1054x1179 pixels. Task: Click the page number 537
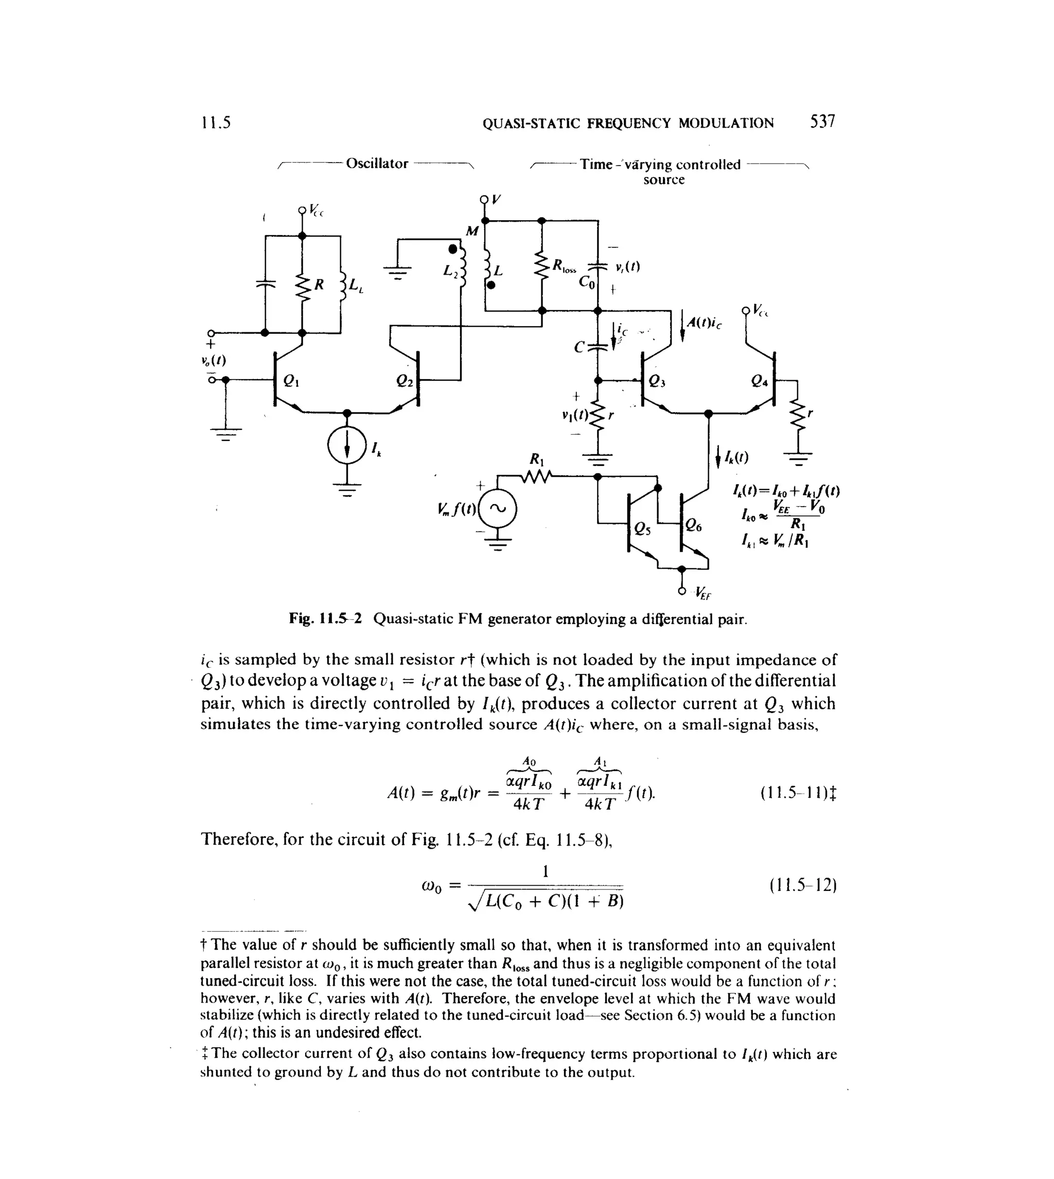822,121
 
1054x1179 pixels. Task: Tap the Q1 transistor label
291,382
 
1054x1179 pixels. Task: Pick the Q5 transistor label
642,528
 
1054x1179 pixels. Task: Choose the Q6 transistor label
693,526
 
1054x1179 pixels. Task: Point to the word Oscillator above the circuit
377,164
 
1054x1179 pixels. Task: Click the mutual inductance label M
472,231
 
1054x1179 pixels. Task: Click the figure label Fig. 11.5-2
325,619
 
